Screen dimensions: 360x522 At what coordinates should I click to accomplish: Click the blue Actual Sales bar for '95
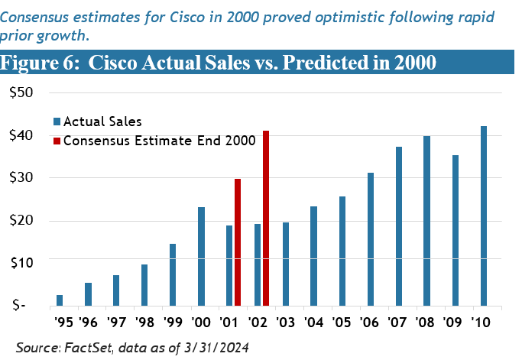click(60, 300)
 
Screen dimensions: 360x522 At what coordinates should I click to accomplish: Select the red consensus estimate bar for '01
click(238, 242)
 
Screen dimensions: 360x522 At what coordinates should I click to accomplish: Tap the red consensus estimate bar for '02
click(266, 218)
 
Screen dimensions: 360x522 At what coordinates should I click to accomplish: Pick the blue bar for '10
click(484, 216)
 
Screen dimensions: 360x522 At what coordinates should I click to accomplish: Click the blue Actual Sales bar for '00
click(201, 256)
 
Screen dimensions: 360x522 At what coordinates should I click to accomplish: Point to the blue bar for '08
click(427, 220)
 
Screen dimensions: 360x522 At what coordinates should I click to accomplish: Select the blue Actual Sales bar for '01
click(229, 264)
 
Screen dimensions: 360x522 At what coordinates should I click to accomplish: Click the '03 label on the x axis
click(285, 321)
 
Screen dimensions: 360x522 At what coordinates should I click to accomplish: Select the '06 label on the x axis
click(370, 321)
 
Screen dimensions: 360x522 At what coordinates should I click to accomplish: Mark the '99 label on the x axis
click(172, 321)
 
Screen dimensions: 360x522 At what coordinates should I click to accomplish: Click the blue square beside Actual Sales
click(57, 121)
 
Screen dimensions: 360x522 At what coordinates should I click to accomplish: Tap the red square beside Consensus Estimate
click(57, 141)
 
